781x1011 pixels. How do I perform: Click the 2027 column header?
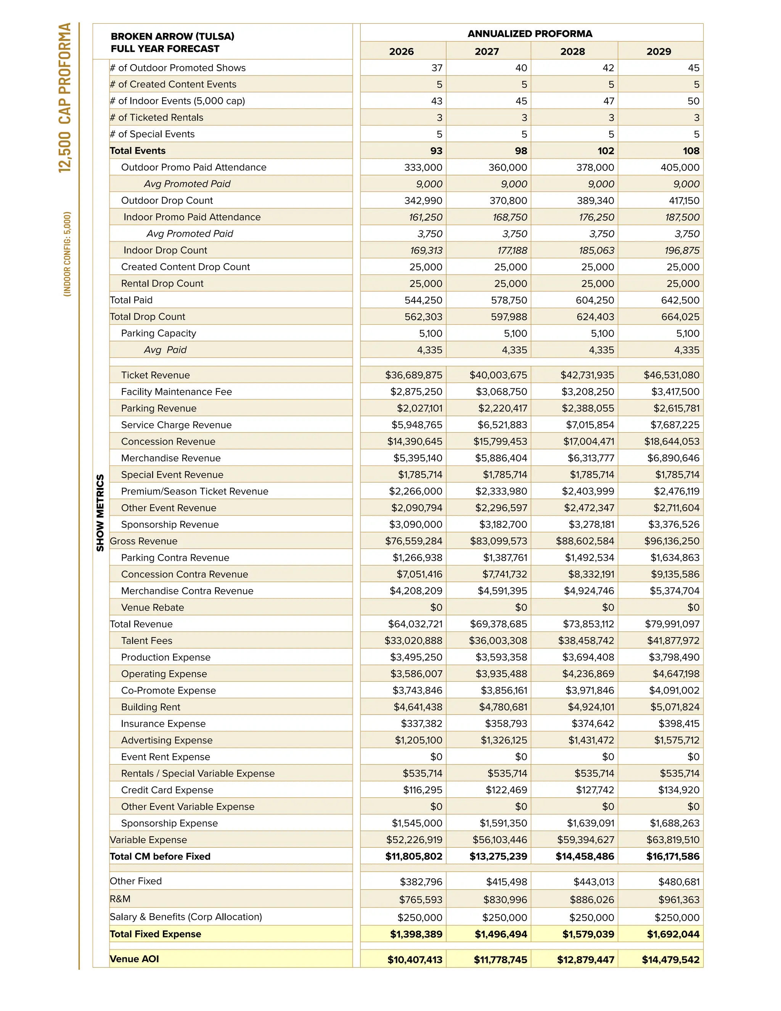(487, 52)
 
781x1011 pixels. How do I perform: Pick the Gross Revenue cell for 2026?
(414, 541)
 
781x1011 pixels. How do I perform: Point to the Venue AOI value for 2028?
(585, 959)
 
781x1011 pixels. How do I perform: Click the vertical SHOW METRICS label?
(100, 513)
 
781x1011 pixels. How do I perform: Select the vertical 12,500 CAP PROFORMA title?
(65, 98)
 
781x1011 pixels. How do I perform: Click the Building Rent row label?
(151, 707)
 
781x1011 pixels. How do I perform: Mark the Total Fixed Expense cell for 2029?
(673, 934)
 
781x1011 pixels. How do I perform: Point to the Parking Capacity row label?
(159, 333)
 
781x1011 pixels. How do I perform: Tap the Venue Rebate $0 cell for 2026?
(436, 607)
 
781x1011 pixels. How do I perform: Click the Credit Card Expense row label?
(167, 790)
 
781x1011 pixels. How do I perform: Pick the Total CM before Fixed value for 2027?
(498, 856)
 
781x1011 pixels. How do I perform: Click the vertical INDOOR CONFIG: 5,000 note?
(67, 254)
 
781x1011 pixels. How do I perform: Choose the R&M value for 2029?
(679, 900)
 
